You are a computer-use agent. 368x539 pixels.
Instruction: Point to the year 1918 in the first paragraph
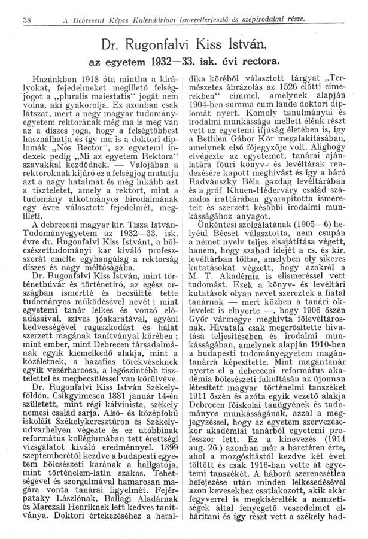[92, 78]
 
